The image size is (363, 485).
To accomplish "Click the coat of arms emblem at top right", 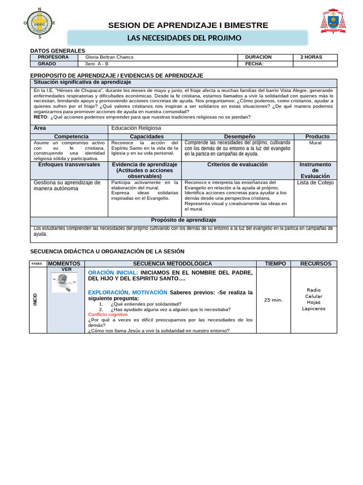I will pos(333,22).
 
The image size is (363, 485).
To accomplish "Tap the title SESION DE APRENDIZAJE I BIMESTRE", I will pos(188,25).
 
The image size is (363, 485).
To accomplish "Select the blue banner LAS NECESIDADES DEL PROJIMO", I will pos(188,38).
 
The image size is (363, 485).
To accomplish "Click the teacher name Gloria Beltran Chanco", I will pos(109,57).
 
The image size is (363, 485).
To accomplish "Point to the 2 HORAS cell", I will pos(311,57).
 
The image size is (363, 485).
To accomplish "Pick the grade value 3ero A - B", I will pos(96,64).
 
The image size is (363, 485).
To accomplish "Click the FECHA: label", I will pos(254,64).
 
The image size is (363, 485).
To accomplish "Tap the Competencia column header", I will pos(71,136).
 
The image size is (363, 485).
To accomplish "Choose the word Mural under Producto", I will pos(315,143).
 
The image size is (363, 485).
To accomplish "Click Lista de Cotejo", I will pos(315,183).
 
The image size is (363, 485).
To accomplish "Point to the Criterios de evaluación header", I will pos(237,165).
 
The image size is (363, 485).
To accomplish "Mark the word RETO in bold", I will pos(41,117).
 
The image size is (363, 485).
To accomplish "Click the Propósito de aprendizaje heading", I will pos(183,220).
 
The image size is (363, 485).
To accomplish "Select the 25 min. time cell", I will pos(273,300).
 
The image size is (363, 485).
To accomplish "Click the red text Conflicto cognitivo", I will pos(108,314).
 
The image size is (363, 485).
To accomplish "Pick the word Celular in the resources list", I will pos(313,296).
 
